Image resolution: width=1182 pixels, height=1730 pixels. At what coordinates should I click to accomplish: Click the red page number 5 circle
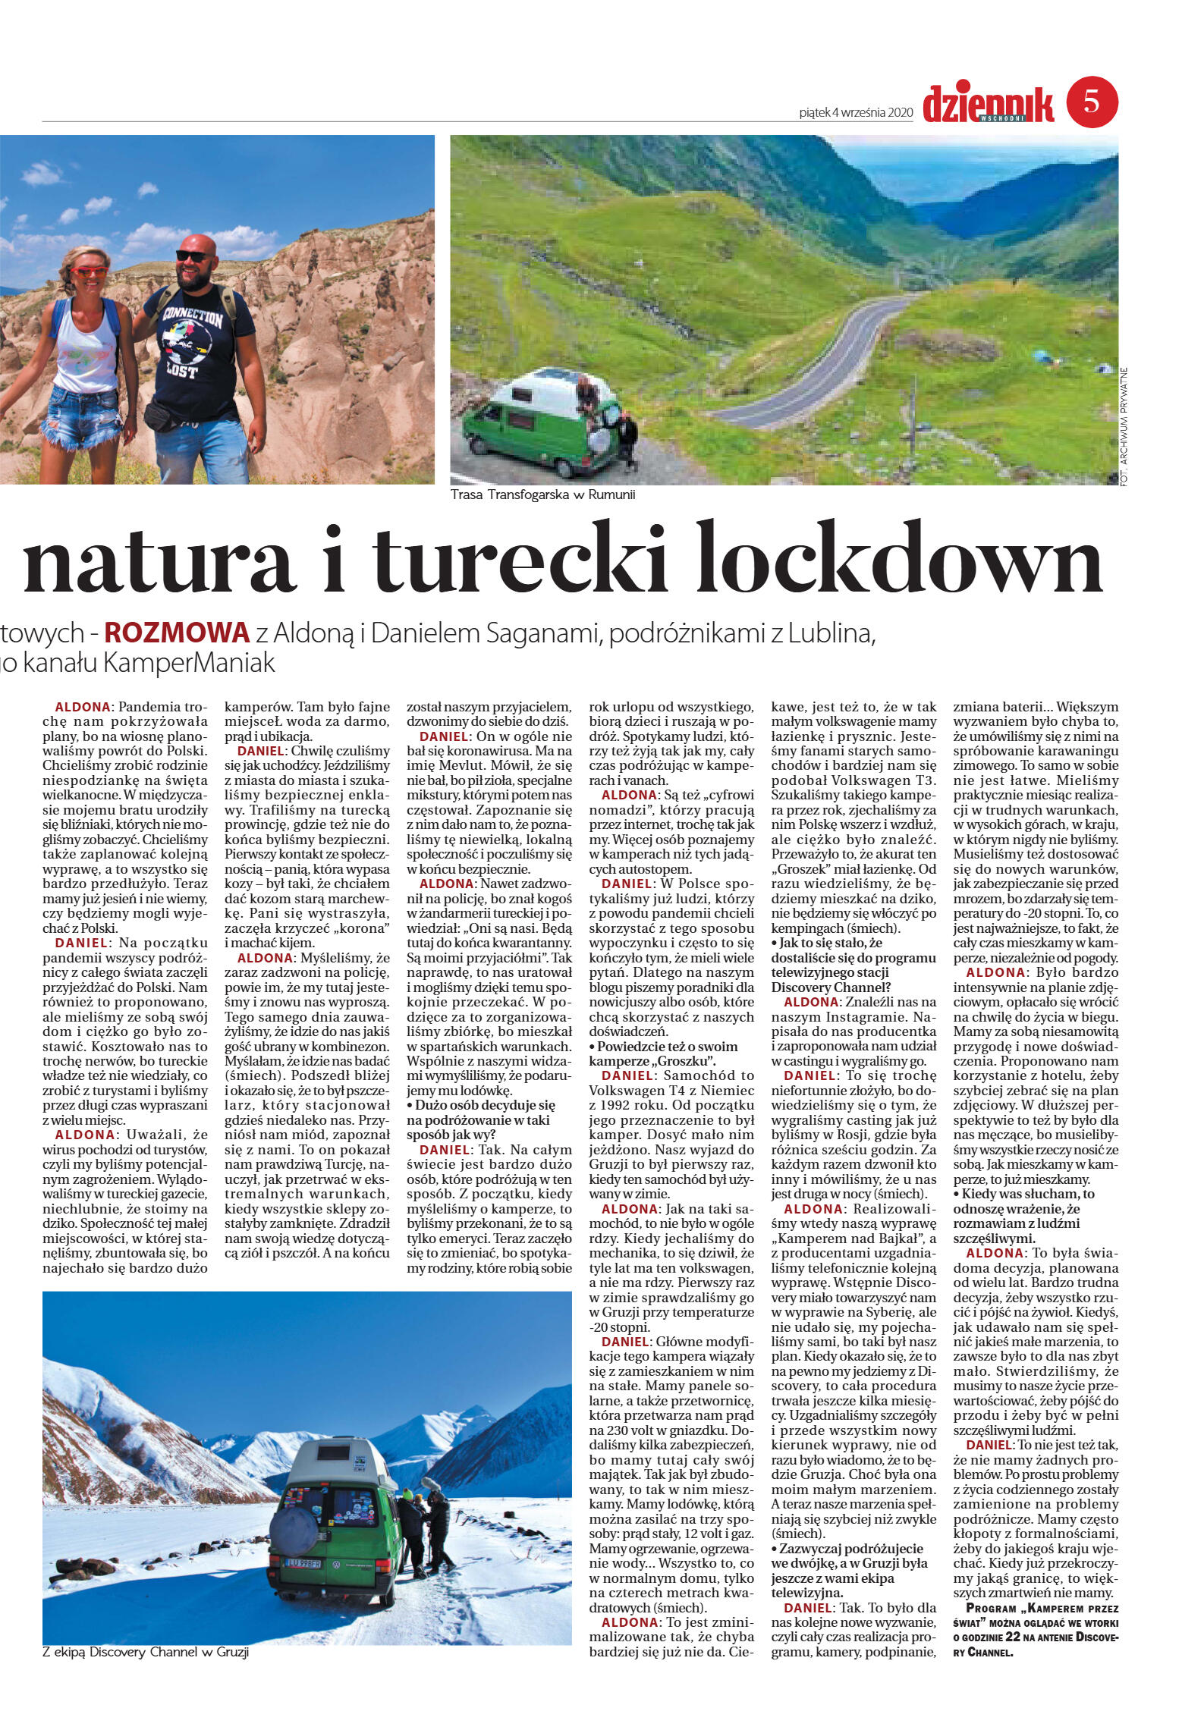coord(1092,102)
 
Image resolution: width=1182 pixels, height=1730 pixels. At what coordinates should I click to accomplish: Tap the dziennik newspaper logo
coord(988,104)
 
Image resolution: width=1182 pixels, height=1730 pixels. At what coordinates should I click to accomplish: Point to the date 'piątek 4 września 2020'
coord(854,112)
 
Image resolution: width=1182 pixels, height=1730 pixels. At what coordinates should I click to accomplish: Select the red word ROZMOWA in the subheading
coord(177,632)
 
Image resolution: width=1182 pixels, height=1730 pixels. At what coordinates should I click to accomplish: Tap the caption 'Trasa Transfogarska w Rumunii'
coord(542,495)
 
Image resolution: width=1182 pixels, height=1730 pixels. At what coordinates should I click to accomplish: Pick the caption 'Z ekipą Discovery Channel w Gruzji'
coord(146,1651)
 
